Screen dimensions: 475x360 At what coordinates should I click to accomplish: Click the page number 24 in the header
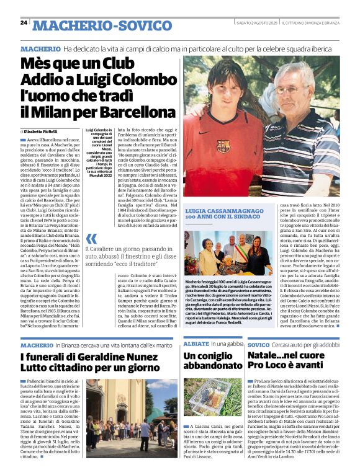click(x=24, y=23)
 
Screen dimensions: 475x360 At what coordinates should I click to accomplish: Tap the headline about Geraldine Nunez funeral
click(x=90, y=362)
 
